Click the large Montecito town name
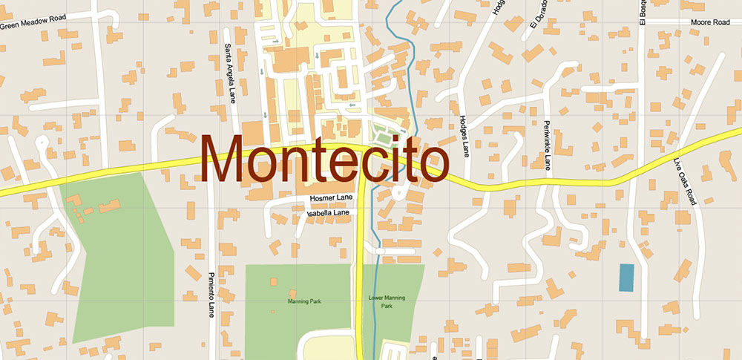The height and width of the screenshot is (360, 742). click(x=325, y=159)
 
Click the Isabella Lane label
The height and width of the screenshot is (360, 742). click(x=328, y=213)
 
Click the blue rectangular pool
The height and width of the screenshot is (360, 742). click(x=627, y=278)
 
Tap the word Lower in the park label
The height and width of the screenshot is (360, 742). click(x=377, y=298)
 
